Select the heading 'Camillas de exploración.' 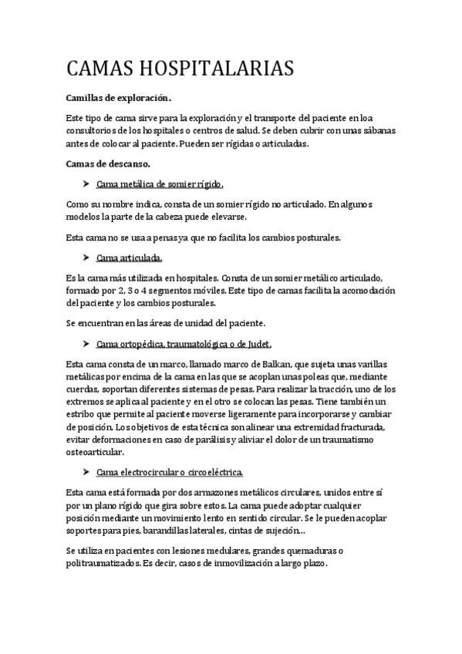pos(117,98)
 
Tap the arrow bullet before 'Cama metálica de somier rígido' pos(86,184)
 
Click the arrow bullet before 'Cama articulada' pos(86,257)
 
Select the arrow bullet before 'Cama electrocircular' pos(86,470)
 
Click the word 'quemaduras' pos(312,551)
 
